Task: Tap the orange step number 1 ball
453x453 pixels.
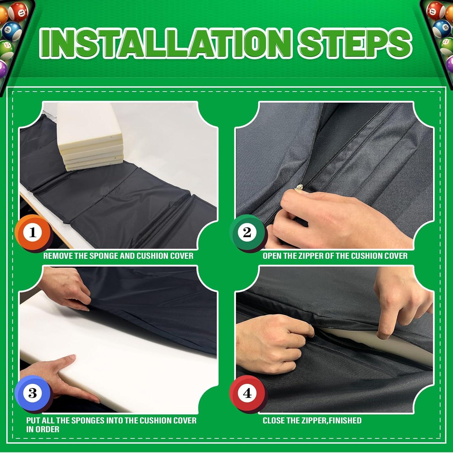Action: (x=33, y=233)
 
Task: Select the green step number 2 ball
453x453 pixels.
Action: (x=247, y=232)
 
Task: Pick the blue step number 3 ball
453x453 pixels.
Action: (x=33, y=393)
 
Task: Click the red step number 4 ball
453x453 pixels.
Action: (x=247, y=393)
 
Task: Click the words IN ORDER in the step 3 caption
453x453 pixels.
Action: (x=43, y=429)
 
